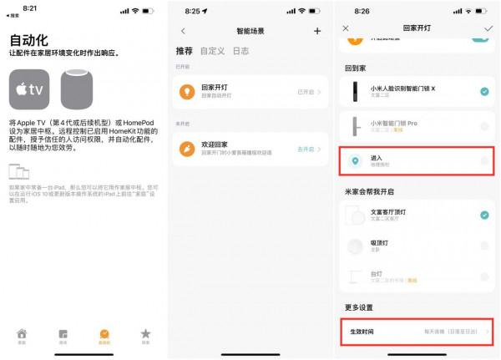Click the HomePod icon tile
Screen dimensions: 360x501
pos(80,89)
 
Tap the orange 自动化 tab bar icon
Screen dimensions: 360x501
pos(104,334)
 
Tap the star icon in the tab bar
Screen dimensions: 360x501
pos(145,334)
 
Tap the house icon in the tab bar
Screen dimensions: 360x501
pos(22,334)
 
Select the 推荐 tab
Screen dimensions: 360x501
pos(185,51)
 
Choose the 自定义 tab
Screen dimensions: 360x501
pos(213,51)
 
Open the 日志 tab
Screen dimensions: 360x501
pos(240,51)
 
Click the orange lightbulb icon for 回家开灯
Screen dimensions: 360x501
pos(189,92)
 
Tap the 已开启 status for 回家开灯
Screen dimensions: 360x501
pos(307,92)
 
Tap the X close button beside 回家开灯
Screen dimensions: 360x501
pos(346,28)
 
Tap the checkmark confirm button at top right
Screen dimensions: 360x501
pos(488,28)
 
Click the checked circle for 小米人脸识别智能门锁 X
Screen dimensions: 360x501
pos(484,92)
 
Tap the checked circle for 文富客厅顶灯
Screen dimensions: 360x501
pos(484,215)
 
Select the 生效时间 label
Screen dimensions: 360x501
pos(362,332)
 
